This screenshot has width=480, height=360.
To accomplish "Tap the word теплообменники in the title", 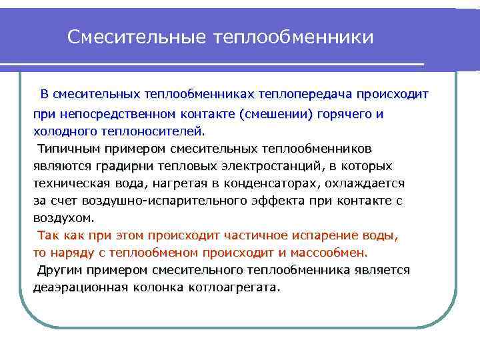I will tap(294, 37).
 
